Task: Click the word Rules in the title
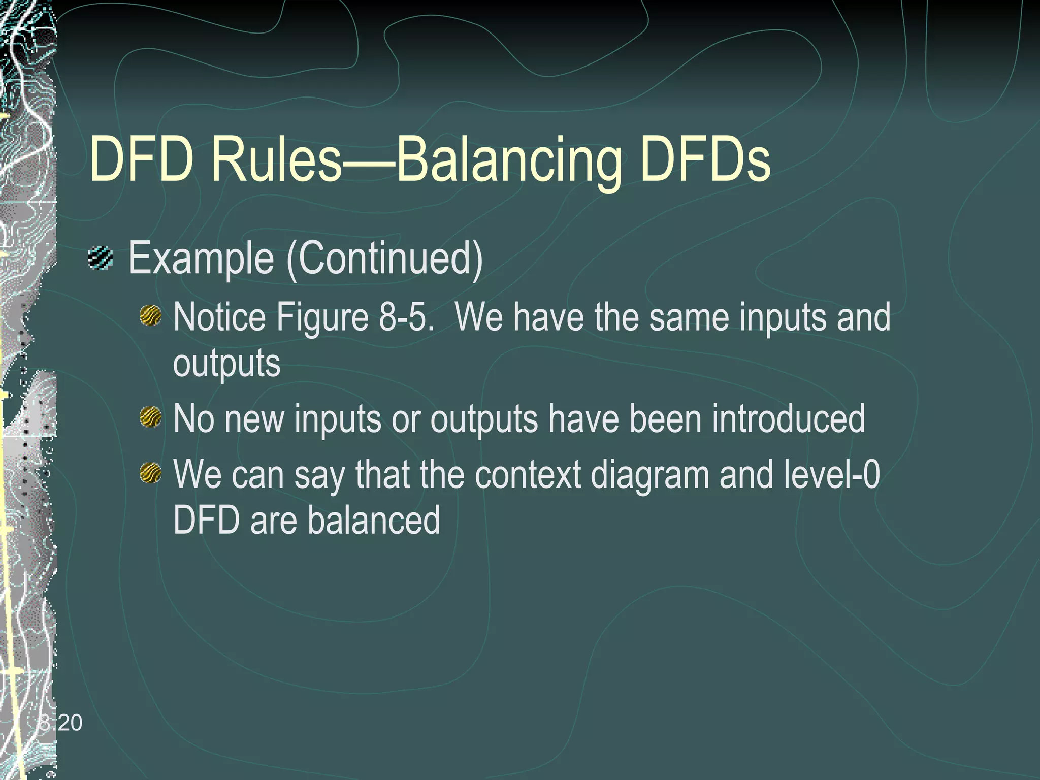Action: pyautogui.click(x=277, y=159)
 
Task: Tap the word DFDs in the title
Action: pyautogui.click(x=706, y=159)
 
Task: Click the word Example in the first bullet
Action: pyautogui.click(x=201, y=259)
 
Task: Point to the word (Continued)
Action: pyautogui.click(x=385, y=259)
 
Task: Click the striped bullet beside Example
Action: pyautogui.click(x=101, y=257)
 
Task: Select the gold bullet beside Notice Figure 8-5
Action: pyautogui.click(x=150, y=316)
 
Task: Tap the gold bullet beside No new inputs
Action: pyautogui.click(x=150, y=417)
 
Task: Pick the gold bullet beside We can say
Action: pyautogui.click(x=150, y=473)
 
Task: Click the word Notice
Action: pyautogui.click(x=219, y=317)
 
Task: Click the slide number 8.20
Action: pyautogui.click(x=60, y=723)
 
